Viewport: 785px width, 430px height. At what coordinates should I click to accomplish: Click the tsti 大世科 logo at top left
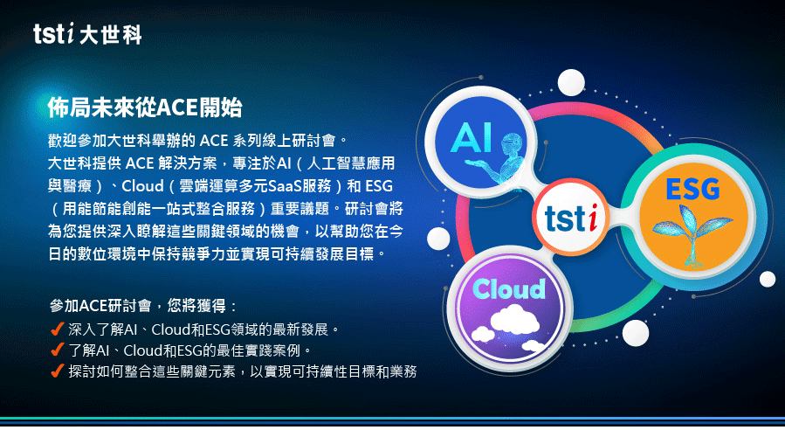tap(87, 34)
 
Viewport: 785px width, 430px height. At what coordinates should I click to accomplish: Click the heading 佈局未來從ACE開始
tap(145, 107)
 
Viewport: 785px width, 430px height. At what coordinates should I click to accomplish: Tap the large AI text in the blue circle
tap(472, 138)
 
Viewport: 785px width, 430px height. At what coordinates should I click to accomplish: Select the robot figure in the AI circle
tap(502, 159)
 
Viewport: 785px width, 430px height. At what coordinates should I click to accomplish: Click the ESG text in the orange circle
tap(692, 190)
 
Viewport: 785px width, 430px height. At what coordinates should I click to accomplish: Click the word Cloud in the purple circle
tap(509, 289)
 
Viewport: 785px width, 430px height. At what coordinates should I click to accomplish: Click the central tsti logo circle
tap(571, 217)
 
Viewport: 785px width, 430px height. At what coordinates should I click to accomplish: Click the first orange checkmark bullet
tap(58, 329)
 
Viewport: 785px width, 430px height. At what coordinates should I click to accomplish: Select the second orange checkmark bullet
tap(58, 350)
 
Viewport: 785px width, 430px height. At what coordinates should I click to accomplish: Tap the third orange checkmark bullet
tap(58, 371)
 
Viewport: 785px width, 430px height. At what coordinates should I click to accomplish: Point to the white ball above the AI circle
tap(571, 83)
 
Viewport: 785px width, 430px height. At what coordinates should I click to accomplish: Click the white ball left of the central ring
tap(438, 239)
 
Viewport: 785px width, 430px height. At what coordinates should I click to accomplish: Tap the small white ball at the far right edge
tap(767, 279)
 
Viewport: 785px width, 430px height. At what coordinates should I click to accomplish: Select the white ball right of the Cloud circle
tap(636, 333)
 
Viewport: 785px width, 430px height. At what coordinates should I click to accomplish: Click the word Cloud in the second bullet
tap(142, 350)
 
